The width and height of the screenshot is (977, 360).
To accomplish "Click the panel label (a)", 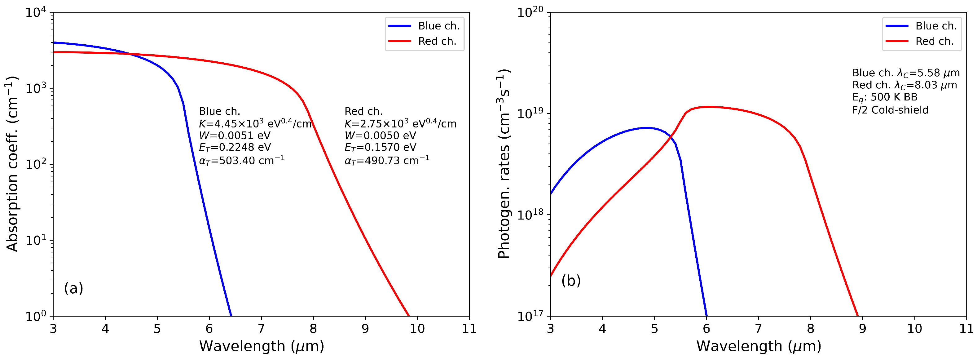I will [73, 288].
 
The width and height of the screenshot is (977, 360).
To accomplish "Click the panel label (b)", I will [571, 281].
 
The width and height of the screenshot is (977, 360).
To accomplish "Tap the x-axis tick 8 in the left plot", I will [313, 328].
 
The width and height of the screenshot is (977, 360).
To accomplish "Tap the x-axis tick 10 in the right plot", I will [914, 328].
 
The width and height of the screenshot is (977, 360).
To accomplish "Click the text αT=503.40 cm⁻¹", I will [242, 160].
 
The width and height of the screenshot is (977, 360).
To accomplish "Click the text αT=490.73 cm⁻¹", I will [387, 160].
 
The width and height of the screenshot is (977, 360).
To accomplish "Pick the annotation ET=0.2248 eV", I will [235, 147].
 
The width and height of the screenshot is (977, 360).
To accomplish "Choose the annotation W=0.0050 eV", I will [380, 136].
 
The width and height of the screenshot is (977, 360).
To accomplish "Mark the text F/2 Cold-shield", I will [890, 110].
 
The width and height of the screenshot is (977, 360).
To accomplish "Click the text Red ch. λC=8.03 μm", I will [904, 85].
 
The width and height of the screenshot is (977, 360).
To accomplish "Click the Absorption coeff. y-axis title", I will [12, 164].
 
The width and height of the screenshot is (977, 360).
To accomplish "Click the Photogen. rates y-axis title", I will [504, 164].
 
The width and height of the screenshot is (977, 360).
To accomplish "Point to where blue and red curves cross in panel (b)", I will [671, 136].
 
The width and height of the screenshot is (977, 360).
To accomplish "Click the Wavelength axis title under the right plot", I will [759, 346].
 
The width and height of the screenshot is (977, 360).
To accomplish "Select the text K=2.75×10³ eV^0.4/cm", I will [400, 124].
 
